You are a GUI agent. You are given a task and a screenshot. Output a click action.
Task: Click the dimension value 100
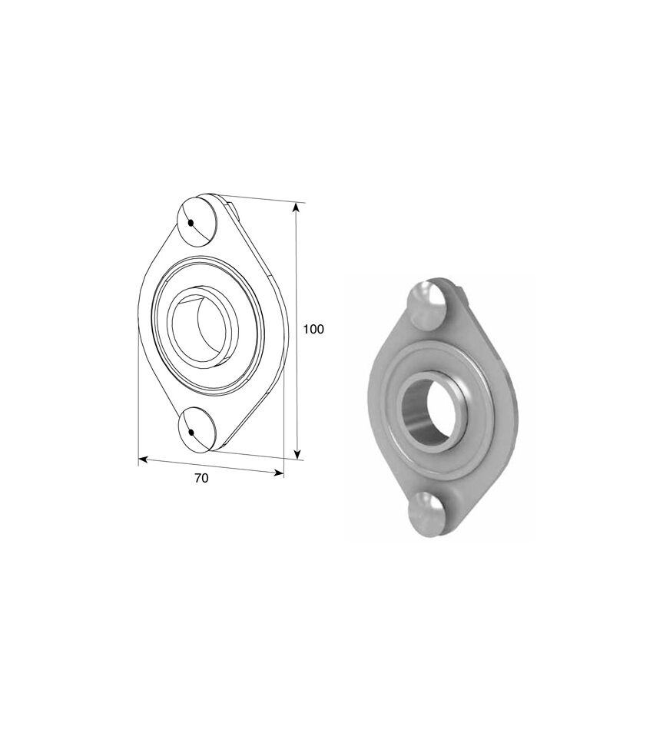313,329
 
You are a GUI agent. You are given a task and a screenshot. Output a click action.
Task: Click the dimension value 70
201,478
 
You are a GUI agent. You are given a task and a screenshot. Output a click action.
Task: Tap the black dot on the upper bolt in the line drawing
191,224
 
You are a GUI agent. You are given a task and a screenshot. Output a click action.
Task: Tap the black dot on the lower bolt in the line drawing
191,433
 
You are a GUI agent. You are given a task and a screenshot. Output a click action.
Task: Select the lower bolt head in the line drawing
197,429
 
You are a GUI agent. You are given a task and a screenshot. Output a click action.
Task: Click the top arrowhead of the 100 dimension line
295,209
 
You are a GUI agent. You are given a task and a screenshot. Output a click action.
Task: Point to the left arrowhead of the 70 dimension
144,460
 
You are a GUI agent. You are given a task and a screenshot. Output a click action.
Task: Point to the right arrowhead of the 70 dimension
278,473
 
